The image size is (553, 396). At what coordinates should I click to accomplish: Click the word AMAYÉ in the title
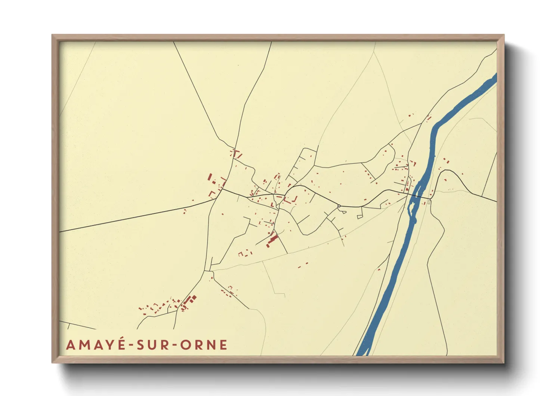coord(96,345)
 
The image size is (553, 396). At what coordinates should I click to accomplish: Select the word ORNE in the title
coord(204,345)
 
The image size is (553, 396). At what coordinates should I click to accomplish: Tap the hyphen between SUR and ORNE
coord(174,345)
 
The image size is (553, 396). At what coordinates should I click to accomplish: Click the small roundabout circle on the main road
coord(339,206)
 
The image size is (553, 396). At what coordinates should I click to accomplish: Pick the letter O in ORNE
coord(186,345)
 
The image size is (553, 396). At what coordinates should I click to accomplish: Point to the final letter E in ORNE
coord(223,345)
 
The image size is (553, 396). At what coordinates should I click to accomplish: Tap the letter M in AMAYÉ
coord(83,345)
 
